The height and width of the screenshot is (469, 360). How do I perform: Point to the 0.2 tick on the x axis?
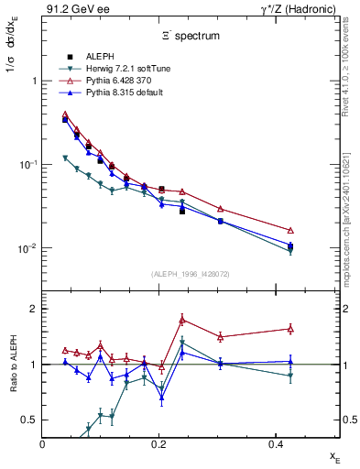[x=158, y=444]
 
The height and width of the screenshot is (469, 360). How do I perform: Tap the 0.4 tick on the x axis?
[x=274, y=444]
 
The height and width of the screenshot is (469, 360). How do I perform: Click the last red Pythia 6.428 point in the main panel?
[x=290, y=230]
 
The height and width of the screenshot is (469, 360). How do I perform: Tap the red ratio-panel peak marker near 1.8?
[x=182, y=320]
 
